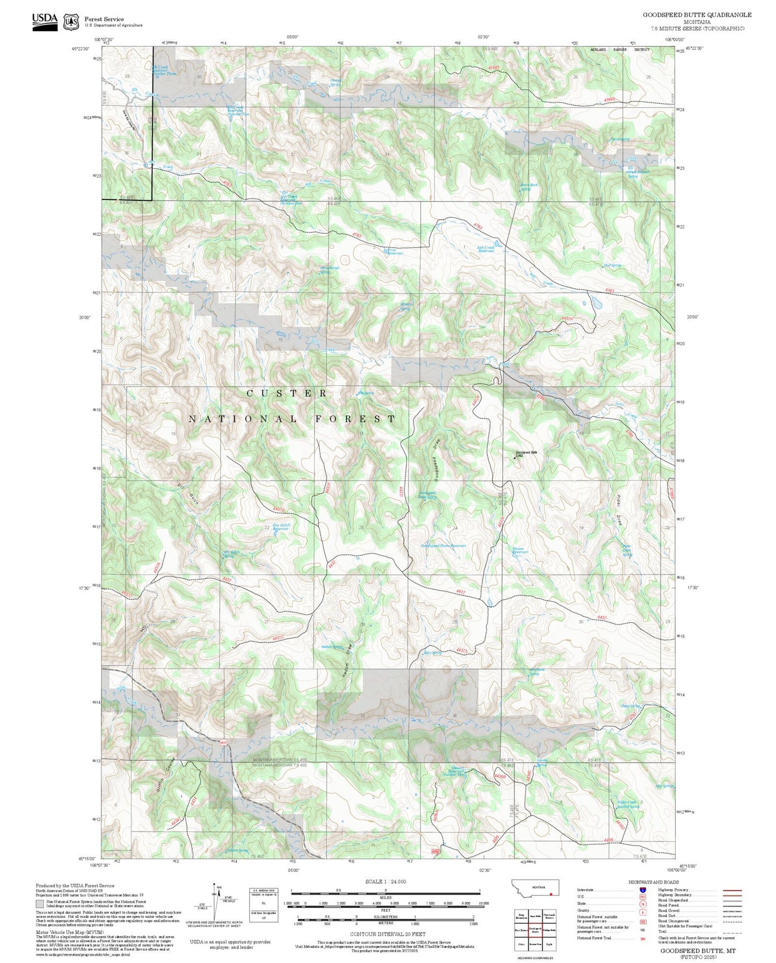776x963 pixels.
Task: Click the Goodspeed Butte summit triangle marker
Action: click(514, 458)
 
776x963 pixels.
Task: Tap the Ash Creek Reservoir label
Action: click(485, 249)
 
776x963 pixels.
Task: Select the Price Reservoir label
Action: click(392, 251)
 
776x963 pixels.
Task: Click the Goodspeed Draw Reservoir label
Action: click(443, 545)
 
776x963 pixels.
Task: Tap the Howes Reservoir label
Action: click(520, 551)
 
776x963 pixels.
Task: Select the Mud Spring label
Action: click(612, 265)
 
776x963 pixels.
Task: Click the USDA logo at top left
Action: click(45, 21)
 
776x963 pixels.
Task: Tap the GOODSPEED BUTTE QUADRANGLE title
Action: click(697, 15)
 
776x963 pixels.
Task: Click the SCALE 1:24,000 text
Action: click(385, 881)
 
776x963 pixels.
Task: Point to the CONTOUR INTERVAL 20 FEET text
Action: click(385, 934)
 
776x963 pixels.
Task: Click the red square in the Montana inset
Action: click(551, 894)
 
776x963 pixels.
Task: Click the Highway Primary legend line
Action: click(732, 890)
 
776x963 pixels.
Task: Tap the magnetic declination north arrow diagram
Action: click(215, 902)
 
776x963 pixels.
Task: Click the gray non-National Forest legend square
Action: click(39, 904)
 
